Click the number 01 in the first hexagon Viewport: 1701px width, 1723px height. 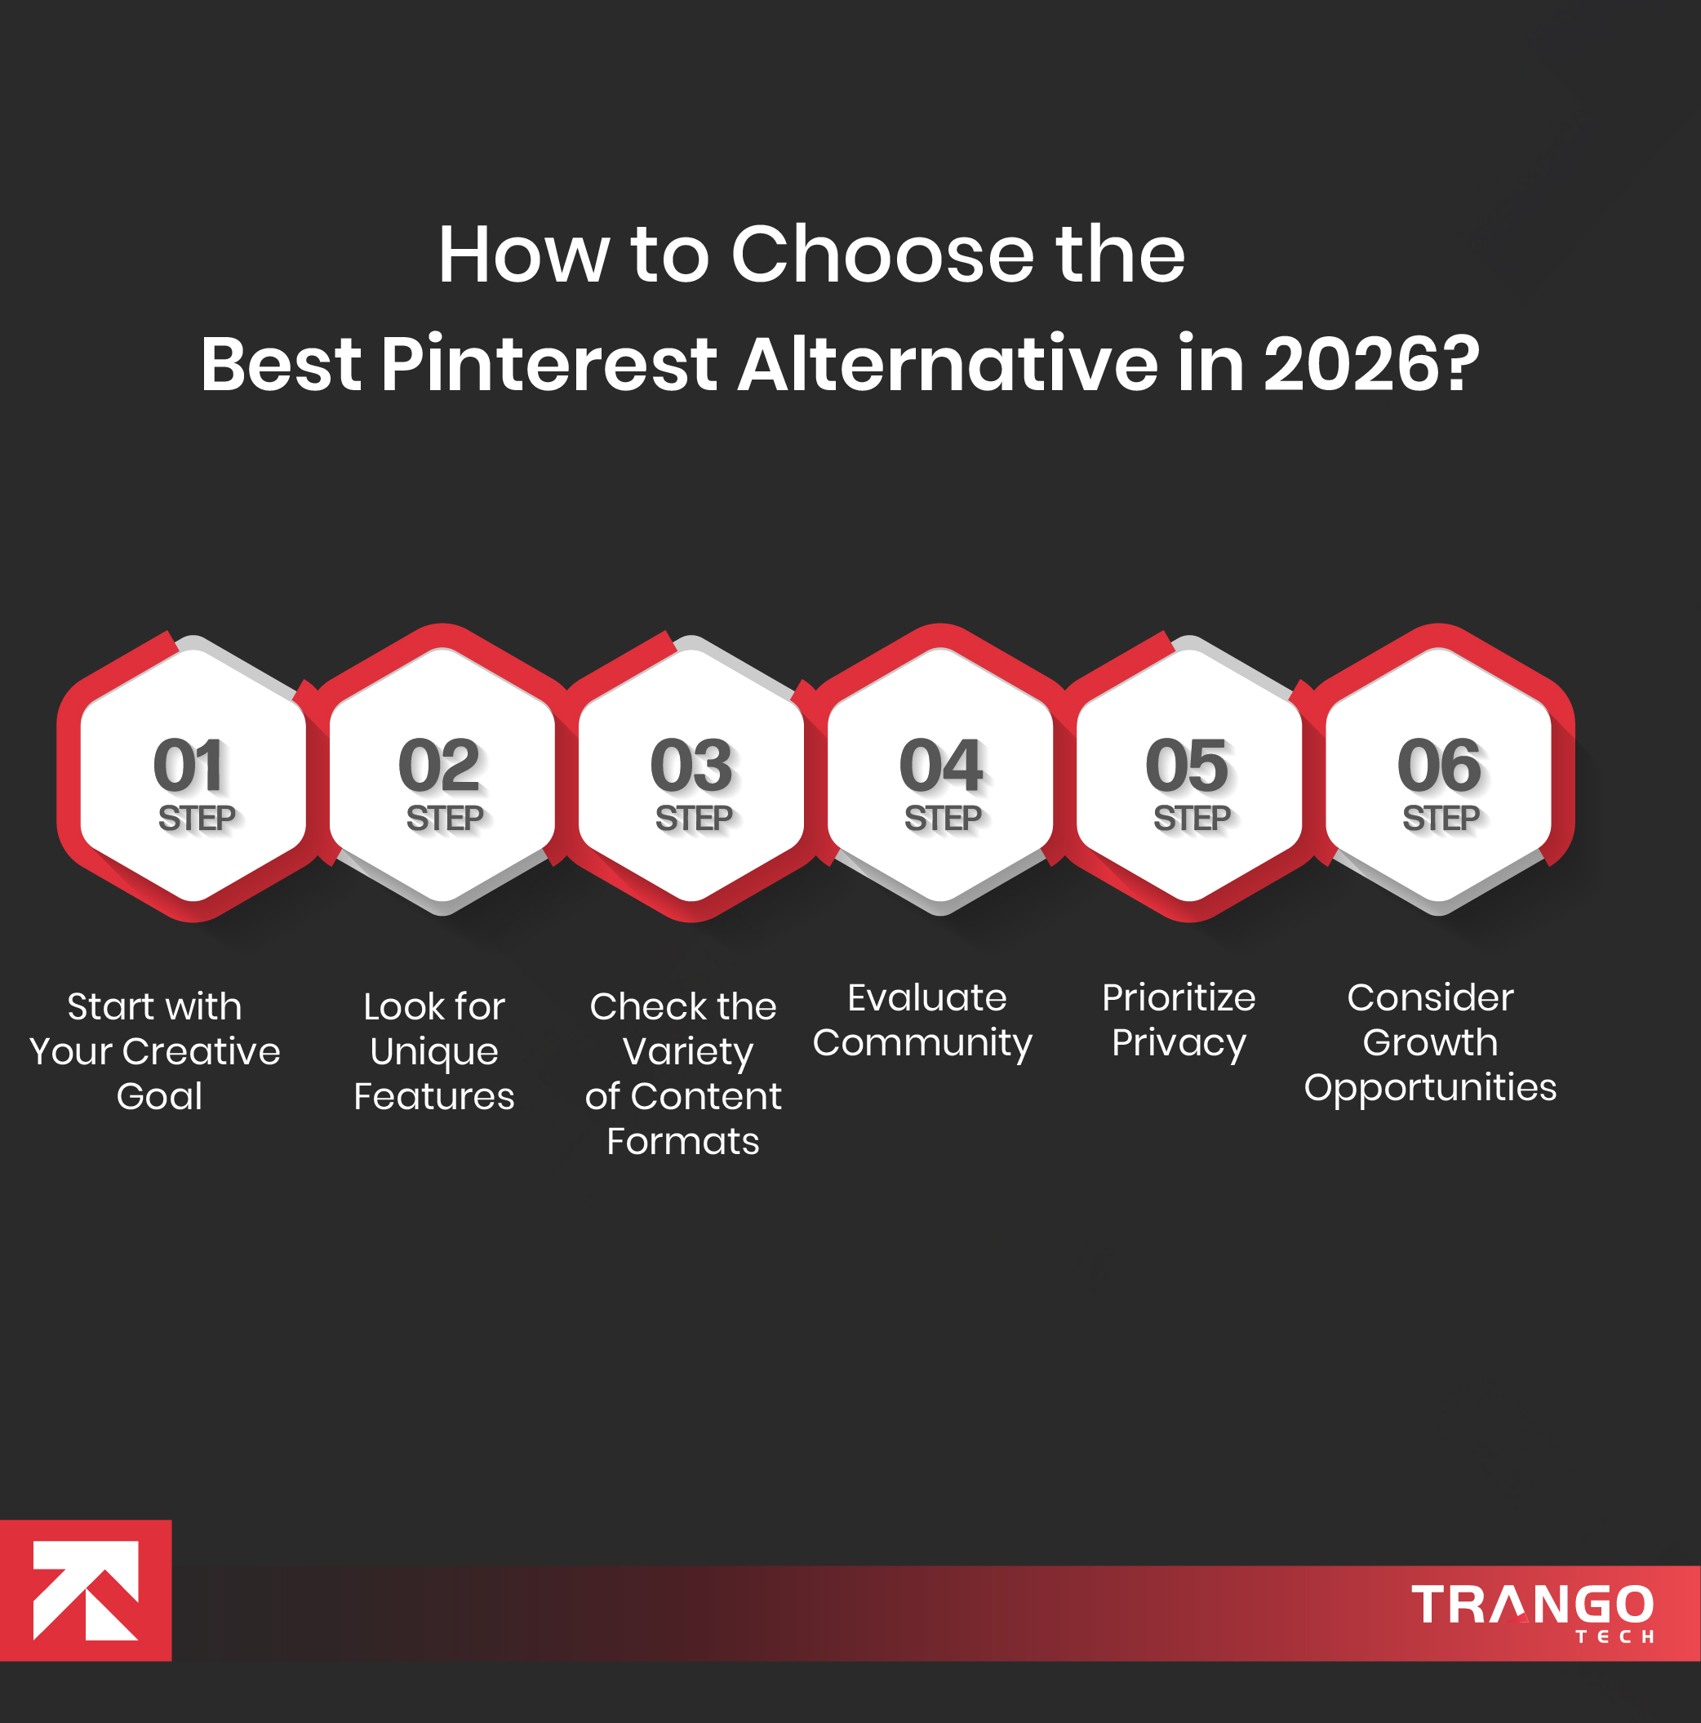coord(189,765)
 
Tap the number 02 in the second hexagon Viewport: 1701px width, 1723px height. coord(439,765)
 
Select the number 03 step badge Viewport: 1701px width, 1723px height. coord(691,765)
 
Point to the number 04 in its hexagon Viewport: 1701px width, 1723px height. coord(941,765)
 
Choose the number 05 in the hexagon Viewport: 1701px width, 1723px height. coord(1188,765)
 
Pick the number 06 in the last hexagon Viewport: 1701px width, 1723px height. coord(1439,765)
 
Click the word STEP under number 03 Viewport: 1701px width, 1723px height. coord(694,818)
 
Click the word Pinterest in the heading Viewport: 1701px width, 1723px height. coord(549,364)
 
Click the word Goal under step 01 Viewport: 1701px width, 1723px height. coord(160,1096)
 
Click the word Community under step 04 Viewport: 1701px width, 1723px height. coord(922,1042)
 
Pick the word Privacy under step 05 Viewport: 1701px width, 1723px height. coord(1179,1042)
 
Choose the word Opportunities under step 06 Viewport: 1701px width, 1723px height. coord(1430,1088)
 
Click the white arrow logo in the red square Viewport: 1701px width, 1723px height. coord(86,1590)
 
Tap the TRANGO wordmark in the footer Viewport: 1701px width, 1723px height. coord(1531,1604)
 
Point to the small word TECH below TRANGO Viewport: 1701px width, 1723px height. coord(1614,1636)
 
